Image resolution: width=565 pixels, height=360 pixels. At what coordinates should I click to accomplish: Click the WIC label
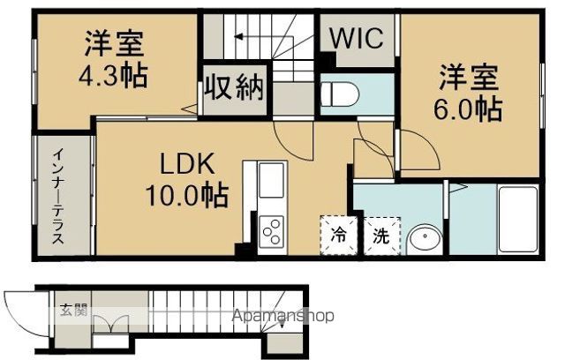click(x=356, y=38)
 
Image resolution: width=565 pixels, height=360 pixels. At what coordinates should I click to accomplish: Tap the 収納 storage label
click(x=234, y=86)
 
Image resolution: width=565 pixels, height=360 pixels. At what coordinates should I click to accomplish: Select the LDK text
click(x=187, y=164)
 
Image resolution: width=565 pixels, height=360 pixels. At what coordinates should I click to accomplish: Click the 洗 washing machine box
click(x=380, y=236)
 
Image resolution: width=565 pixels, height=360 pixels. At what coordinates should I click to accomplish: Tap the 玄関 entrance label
click(x=73, y=311)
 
